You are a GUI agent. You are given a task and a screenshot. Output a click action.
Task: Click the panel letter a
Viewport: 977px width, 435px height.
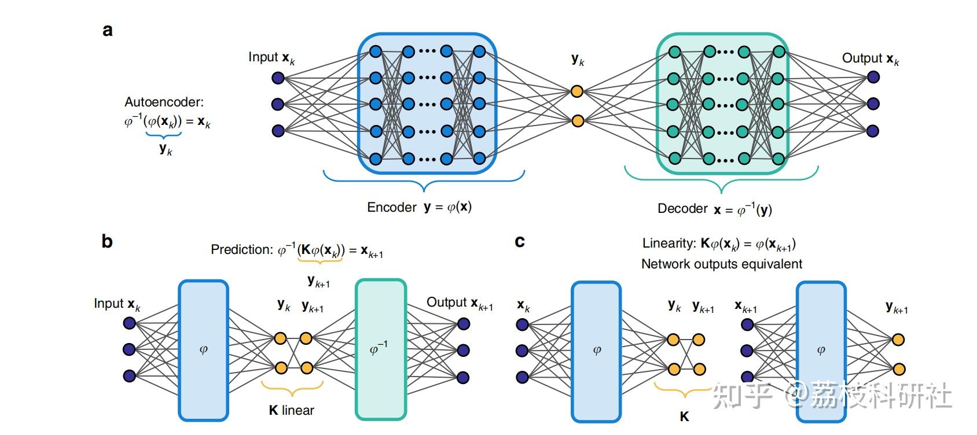coord(108,30)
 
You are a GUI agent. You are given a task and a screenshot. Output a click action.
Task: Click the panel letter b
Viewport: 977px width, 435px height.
coord(107,241)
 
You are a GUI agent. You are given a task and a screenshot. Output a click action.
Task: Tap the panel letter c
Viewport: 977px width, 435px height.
coord(520,241)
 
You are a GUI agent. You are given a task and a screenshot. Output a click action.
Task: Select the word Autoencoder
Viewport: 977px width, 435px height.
coord(164,102)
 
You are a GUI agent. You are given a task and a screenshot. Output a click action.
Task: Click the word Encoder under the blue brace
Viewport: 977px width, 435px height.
coord(392,207)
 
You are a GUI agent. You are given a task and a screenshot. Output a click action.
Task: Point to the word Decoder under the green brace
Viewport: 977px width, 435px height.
coord(682,209)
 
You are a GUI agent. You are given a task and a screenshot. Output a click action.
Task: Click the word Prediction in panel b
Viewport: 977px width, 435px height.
coord(241,250)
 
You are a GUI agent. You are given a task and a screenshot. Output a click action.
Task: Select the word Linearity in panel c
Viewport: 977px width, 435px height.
coord(669,244)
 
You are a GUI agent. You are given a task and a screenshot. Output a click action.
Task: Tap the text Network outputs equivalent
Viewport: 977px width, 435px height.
coord(721,264)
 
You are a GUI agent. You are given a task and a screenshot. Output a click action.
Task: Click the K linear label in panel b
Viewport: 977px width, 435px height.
coord(291,411)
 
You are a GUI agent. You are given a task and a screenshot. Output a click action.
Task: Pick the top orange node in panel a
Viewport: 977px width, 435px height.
coord(576,91)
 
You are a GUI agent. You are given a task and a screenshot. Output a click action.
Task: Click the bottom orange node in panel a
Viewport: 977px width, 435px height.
coord(576,121)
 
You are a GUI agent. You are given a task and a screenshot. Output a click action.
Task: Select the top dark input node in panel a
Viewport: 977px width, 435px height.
coord(278,78)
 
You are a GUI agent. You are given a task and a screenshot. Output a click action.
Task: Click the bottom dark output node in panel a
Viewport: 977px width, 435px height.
coord(873,131)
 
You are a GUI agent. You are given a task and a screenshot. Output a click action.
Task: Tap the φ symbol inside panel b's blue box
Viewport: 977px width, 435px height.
coord(203,350)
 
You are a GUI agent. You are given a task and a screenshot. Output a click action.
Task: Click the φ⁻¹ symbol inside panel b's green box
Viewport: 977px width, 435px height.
coord(379,349)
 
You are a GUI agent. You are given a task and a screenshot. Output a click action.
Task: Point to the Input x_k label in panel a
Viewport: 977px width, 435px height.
coord(271,58)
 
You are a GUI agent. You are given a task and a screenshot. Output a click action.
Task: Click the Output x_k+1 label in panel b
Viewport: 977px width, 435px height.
coord(460,303)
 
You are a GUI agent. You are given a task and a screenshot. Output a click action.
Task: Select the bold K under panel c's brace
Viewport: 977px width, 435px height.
coord(684,416)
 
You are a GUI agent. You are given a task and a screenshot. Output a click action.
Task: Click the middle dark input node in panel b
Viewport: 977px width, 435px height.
coord(129,349)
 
